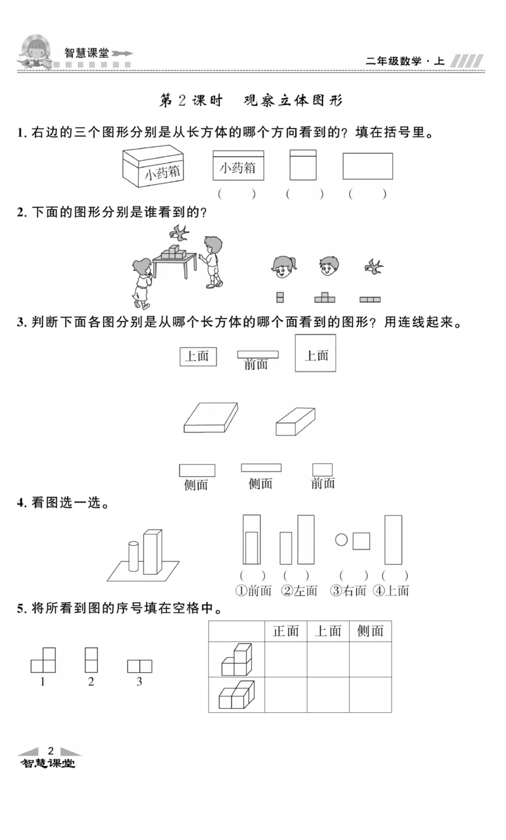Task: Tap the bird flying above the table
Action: (180, 232)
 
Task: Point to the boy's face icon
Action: (327, 266)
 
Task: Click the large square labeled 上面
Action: (316, 353)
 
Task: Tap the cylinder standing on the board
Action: (133, 556)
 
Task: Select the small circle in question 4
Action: (342, 540)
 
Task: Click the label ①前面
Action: (253, 591)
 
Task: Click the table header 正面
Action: (285, 631)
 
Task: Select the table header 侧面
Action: (370, 631)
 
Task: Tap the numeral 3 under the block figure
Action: (139, 682)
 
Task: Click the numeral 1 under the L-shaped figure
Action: (42, 682)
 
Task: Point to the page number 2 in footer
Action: (51, 750)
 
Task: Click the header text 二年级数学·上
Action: (405, 61)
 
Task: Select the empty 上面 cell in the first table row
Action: (328, 659)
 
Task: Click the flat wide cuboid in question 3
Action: (211, 417)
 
